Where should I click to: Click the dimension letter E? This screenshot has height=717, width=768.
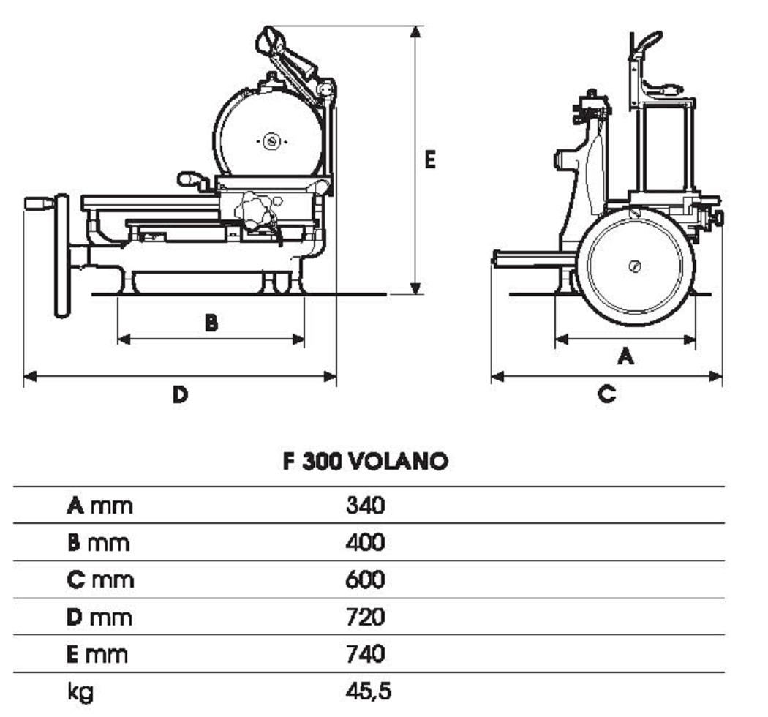[x=429, y=159]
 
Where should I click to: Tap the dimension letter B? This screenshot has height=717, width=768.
[x=211, y=323]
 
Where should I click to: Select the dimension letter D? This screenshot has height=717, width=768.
[x=180, y=394]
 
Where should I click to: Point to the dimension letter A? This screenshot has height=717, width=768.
[x=625, y=356]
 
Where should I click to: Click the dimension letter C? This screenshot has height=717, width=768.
[x=606, y=394]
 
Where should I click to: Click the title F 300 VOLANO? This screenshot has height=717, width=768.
[x=366, y=461]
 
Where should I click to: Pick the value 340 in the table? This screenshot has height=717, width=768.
[x=366, y=505]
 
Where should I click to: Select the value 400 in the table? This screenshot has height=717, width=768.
[x=366, y=542]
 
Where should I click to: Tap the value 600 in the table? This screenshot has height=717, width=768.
[x=366, y=579]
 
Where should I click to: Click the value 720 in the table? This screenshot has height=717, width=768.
[x=366, y=617]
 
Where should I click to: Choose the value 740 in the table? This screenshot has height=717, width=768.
[x=366, y=654]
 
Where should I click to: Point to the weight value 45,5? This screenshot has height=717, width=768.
[x=369, y=691]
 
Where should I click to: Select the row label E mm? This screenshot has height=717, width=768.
[x=97, y=654]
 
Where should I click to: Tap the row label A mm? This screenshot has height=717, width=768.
[x=100, y=506]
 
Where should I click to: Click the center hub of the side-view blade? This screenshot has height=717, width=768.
[x=271, y=142]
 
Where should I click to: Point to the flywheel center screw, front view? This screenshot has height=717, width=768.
[x=635, y=266]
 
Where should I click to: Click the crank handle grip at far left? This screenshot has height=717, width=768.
[x=39, y=203]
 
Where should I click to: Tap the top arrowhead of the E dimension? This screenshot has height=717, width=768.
[x=415, y=32]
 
